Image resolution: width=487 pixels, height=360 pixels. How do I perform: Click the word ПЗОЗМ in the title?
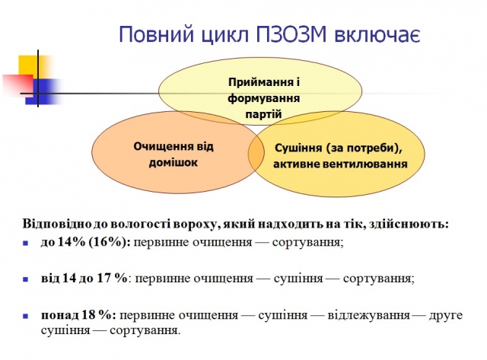pyautogui.click(x=291, y=33)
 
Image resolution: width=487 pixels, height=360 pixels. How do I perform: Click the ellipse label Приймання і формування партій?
pyautogui.click(x=264, y=98)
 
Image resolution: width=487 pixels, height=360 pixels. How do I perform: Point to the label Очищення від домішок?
pyautogui.click(x=173, y=155)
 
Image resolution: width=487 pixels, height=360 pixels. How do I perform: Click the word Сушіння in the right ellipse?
pyautogui.click(x=298, y=148)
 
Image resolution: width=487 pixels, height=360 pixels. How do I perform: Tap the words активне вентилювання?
pyautogui.click(x=340, y=164)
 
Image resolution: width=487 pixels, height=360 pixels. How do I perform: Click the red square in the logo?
pyautogui.click(x=18, y=84)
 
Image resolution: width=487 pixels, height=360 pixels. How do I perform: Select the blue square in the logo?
pyautogui.click(x=43, y=91)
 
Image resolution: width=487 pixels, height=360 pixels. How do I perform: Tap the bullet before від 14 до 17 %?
pyautogui.click(x=25, y=279)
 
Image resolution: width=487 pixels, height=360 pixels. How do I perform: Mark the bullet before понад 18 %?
pyautogui.click(x=25, y=316)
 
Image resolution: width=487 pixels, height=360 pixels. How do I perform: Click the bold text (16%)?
pyautogui.click(x=110, y=242)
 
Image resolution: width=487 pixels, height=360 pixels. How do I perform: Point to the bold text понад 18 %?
pyautogui.click(x=78, y=315)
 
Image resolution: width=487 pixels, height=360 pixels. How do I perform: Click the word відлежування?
pyautogui.click(x=368, y=315)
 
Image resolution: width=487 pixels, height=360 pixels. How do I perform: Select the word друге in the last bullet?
pyautogui.click(x=446, y=316)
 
